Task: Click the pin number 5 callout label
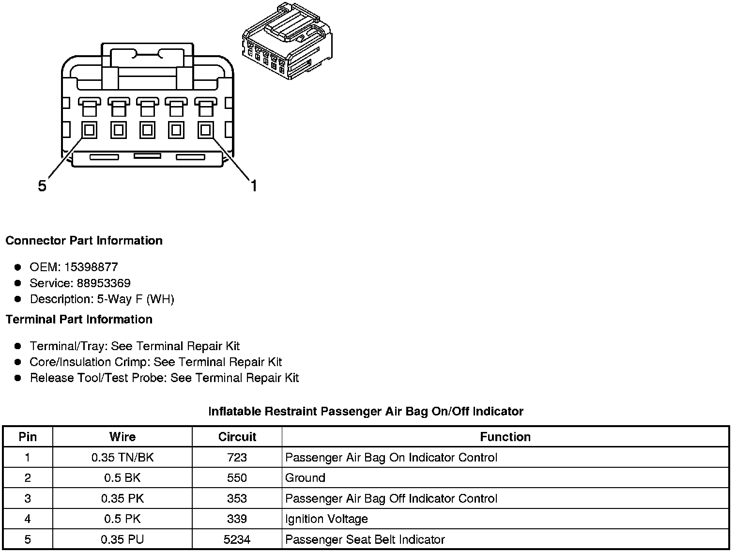[x=42, y=186]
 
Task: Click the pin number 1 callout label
[x=253, y=185]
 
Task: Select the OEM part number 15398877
[x=91, y=267]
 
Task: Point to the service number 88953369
[x=104, y=283]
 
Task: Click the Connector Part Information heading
[x=84, y=241]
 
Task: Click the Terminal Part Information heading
[x=79, y=319]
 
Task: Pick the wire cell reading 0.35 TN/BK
[x=123, y=458]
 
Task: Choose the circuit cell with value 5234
[x=237, y=539]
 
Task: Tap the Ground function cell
[x=305, y=478]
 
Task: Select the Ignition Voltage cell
[x=326, y=519]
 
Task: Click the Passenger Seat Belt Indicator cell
[x=365, y=539]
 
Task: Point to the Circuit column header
[x=237, y=437]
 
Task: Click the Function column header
[x=505, y=437]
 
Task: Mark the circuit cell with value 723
[x=237, y=458]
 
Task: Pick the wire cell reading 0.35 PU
[x=123, y=539]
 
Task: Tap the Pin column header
[x=28, y=437]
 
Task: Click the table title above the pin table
[x=366, y=412]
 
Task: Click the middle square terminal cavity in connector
[x=147, y=130]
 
